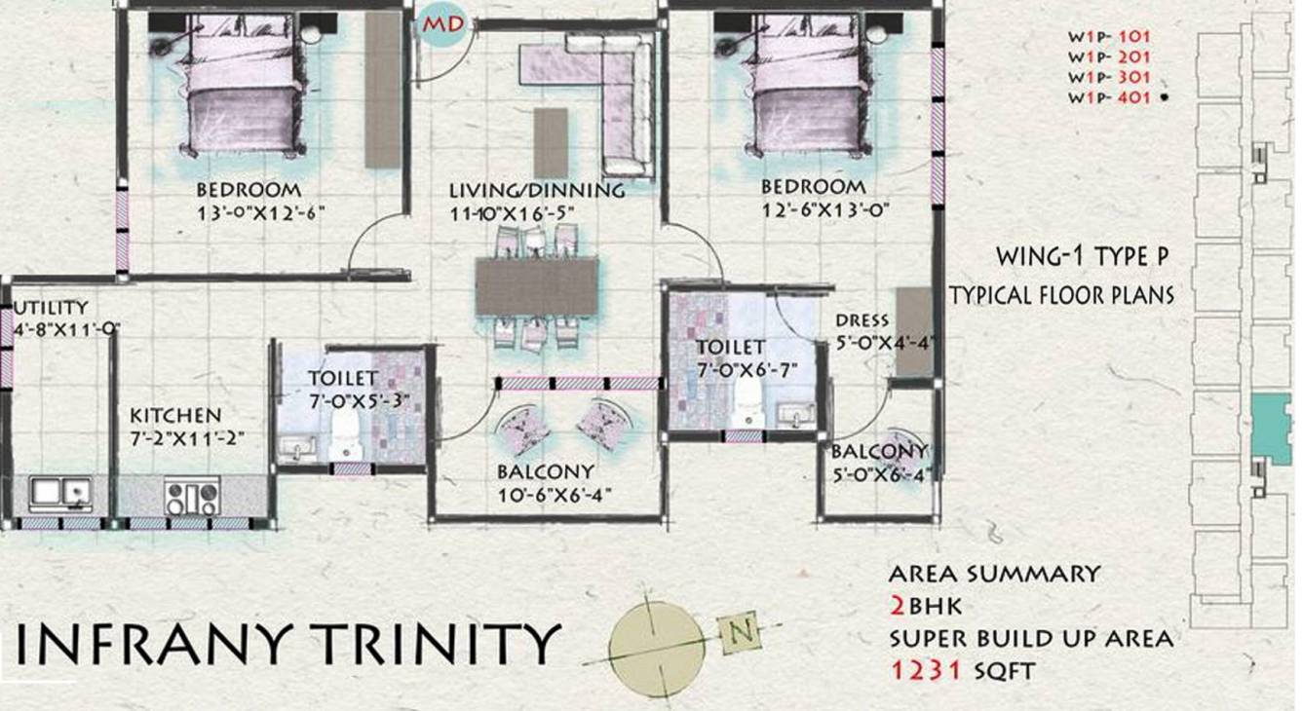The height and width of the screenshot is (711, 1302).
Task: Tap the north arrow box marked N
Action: [741, 631]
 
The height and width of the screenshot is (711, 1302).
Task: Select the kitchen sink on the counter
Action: [60, 494]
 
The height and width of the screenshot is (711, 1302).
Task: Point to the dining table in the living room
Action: [537, 286]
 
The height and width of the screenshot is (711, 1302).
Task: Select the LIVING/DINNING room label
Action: [537, 190]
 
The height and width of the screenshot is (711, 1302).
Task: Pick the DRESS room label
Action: [862, 320]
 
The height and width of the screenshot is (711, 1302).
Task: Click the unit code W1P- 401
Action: [1109, 97]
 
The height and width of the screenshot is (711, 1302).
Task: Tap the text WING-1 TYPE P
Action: [1082, 257]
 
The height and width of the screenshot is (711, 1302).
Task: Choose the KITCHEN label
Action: [176, 415]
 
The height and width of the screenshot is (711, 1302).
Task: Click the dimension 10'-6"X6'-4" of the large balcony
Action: [553, 494]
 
